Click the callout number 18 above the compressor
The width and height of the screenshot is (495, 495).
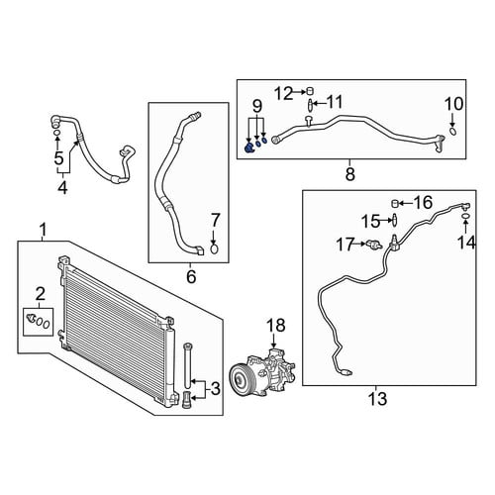point(276,326)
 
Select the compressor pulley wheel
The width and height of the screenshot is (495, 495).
point(241,379)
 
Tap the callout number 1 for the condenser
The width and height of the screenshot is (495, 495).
point(43,230)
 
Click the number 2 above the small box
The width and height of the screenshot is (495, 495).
point(40,293)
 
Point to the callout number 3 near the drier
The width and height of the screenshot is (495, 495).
point(215,389)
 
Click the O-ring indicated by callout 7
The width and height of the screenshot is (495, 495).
point(214,249)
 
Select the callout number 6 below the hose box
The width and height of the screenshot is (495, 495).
point(191,276)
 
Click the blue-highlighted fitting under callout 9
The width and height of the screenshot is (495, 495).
point(248,148)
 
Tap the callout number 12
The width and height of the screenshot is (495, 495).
point(284,94)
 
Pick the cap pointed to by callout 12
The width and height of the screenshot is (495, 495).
point(310,91)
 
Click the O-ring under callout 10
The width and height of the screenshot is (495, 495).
point(452,132)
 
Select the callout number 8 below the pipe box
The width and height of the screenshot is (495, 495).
point(349,174)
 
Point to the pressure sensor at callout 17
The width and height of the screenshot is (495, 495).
point(374,245)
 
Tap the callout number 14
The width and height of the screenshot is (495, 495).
point(466,243)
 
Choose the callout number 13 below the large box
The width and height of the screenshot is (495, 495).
point(377,399)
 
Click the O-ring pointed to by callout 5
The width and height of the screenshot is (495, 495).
point(57,133)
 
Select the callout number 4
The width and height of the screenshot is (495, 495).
point(62,187)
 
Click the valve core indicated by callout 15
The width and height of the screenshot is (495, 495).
point(394,220)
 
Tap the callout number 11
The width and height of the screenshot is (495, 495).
point(334,102)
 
